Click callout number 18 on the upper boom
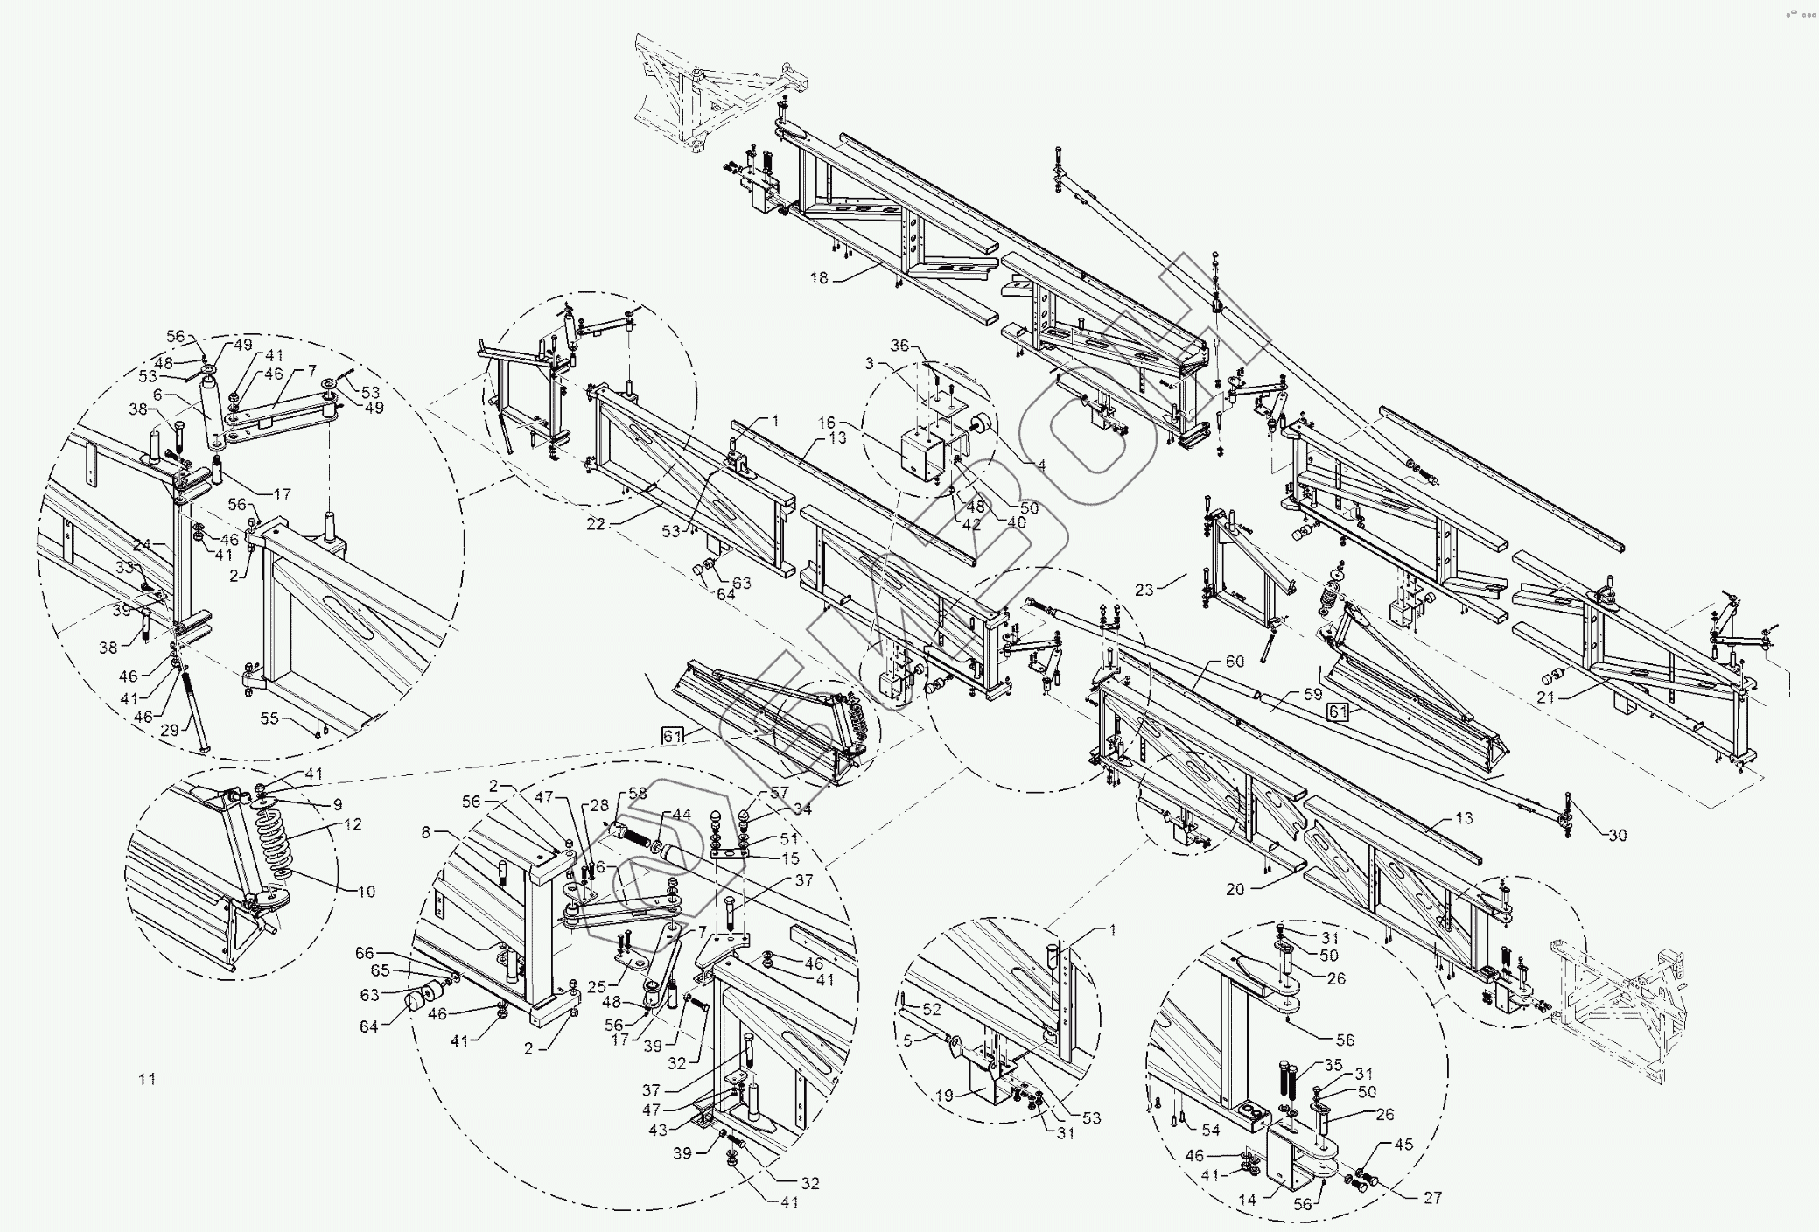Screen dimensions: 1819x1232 (x=818, y=278)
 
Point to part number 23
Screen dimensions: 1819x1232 (x=1144, y=590)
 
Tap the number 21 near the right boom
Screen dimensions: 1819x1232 (x=1546, y=697)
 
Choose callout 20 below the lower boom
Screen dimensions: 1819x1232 (x=1235, y=890)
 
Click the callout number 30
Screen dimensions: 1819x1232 (x=1617, y=835)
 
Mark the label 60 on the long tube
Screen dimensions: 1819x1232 (x=1235, y=662)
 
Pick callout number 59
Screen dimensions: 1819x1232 (x=1312, y=696)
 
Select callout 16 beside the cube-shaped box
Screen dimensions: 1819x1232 (x=828, y=422)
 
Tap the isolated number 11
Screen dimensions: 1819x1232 (x=147, y=1079)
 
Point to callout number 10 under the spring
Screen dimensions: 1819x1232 (x=366, y=892)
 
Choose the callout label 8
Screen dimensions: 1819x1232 (x=427, y=832)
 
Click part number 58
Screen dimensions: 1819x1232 (x=638, y=793)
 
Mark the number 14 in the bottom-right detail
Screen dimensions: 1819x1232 (x=1248, y=1200)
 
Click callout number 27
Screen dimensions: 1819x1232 (x=1432, y=1198)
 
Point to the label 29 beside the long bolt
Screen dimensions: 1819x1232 (x=170, y=729)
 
